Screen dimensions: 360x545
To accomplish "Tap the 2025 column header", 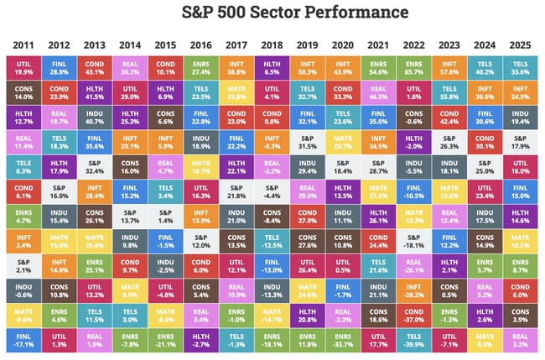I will (521, 44).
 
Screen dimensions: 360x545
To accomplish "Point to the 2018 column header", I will (272, 44).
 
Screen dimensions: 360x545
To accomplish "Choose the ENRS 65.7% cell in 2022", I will (414, 67).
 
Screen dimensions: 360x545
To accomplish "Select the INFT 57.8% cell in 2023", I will (449, 67).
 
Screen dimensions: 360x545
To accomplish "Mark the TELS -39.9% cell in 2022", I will (414, 339).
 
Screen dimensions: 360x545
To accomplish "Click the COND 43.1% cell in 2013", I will (95, 67).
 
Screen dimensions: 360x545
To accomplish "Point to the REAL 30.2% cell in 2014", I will (131, 67).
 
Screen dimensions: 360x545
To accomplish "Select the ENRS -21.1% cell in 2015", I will (166, 339).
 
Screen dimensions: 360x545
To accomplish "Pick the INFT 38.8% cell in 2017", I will (237, 67).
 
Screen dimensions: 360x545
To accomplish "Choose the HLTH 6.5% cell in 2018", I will (272, 67).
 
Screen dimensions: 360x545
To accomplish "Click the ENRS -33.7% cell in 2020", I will (344, 339).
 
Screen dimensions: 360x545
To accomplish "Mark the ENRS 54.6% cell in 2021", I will (379, 67).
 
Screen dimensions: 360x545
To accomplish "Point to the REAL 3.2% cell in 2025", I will (521, 339).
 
